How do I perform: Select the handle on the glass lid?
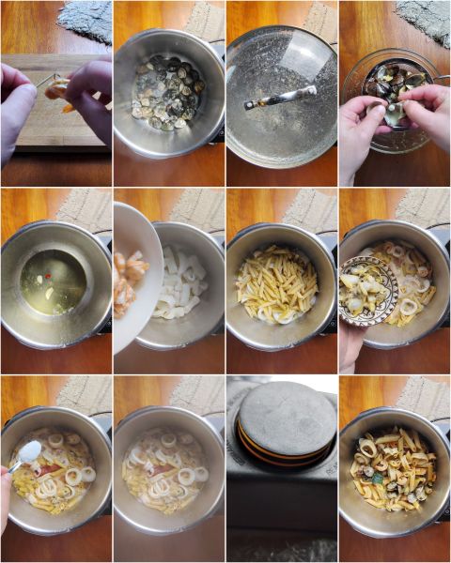tap(281, 97)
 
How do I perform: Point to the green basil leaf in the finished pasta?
tap(378, 477)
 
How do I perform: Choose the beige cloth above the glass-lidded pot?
tap(319, 21)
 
